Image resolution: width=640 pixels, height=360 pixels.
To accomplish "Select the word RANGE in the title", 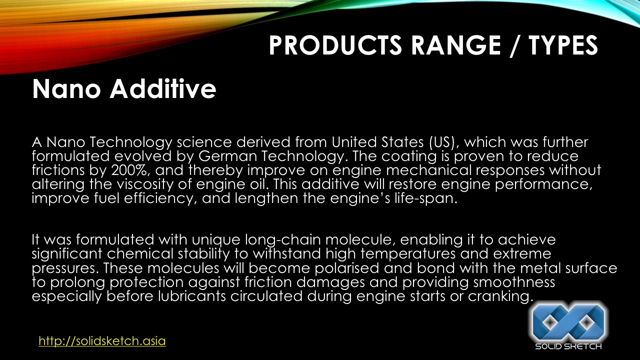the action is point(456,45).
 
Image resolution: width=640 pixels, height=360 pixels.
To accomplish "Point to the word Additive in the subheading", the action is point(163,89).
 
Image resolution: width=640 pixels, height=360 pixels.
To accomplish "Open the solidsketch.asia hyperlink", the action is point(102,341).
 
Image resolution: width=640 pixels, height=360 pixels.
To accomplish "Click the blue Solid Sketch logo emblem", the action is point(568,323).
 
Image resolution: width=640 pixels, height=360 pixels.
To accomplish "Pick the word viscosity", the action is point(145,184).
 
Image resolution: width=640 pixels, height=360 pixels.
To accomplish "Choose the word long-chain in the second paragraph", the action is point(283,239).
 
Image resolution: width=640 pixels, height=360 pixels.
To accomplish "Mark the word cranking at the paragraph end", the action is point(500,296).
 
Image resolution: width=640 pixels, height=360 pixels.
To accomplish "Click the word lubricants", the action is point(192,296).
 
